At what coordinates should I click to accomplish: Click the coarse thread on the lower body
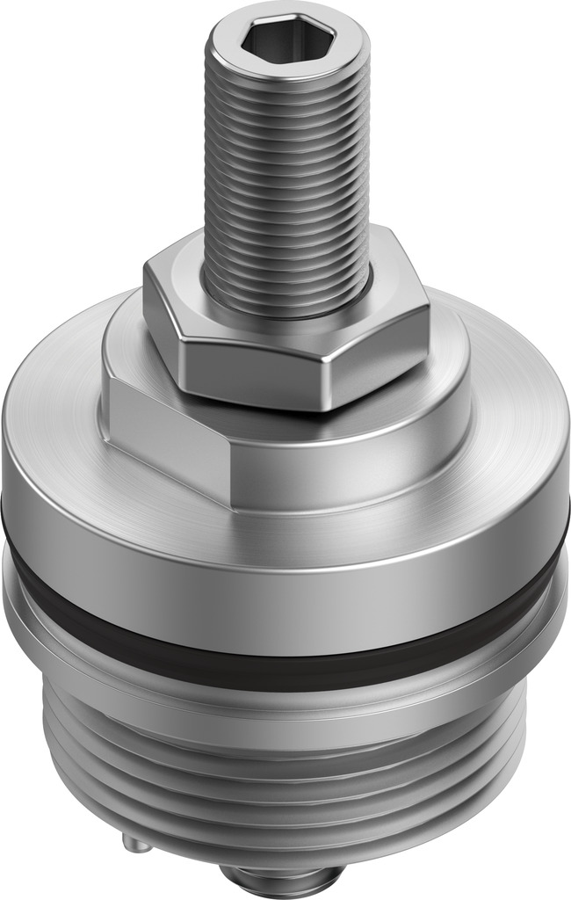tap(281, 773)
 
